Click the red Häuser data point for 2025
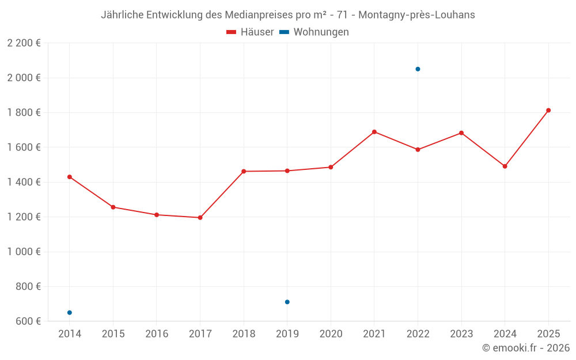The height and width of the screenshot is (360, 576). (x=548, y=110)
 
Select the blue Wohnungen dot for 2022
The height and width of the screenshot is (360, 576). (x=418, y=69)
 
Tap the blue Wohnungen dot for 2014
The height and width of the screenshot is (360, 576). (x=70, y=313)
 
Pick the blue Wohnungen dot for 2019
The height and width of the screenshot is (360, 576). (x=287, y=302)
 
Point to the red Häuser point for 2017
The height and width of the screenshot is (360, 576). (x=200, y=218)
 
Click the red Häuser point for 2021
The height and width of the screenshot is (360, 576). (x=374, y=132)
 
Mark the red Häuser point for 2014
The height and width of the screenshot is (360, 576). (x=70, y=177)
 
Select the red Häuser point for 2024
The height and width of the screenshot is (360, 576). (x=505, y=166)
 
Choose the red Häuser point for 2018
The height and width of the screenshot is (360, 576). (x=244, y=171)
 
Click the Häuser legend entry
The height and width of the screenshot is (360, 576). (x=250, y=32)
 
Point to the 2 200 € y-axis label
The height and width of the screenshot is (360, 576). (x=24, y=43)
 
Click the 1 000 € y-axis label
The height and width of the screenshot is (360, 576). (x=24, y=252)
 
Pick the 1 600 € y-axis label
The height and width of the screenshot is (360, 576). (x=24, y=147)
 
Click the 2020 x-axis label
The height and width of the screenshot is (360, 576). (x=331, y=334)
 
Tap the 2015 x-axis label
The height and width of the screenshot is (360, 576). (x=113, y=334)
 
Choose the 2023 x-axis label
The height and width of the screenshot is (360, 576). (x=461, y=334)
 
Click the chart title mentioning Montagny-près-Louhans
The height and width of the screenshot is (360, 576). (x=288, y=15)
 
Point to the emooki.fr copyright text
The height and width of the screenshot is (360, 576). (x=525, y=348)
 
